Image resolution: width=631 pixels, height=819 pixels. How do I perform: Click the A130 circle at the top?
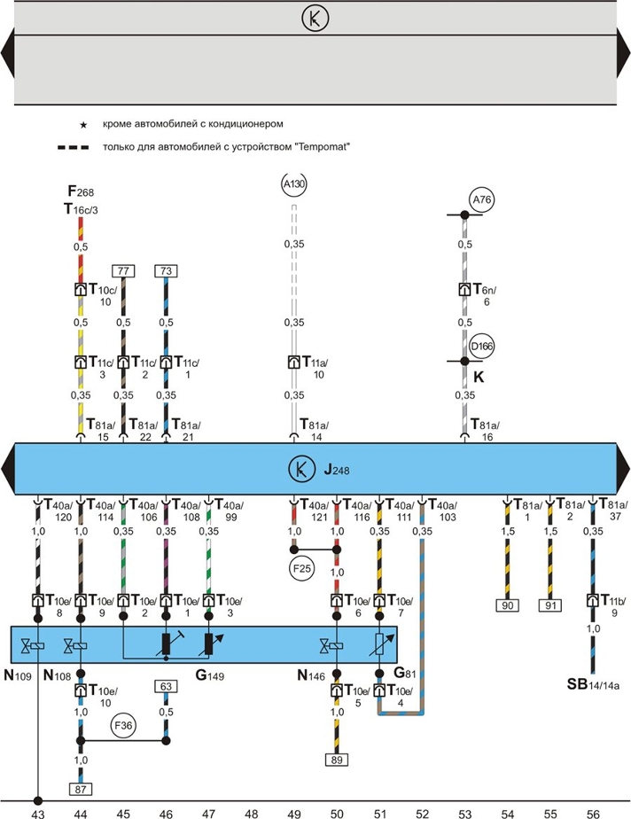[293, 183]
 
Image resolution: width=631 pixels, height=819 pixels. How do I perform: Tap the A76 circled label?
[481, 199]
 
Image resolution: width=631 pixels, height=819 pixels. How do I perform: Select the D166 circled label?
[481, 347]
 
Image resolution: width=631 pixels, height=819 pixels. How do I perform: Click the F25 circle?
[302, 568]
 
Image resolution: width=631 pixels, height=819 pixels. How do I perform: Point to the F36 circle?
[123, 726]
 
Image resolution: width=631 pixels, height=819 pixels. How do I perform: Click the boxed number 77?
[123, 271]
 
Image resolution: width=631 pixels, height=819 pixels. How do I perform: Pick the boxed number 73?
[166, 271]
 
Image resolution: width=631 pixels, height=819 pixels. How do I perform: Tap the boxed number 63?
[166, 686]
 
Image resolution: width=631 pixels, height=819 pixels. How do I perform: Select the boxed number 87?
[81, 789]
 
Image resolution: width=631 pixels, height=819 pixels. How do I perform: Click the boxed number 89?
[337, 760]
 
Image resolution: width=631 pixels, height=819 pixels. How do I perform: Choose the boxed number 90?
[508, 605]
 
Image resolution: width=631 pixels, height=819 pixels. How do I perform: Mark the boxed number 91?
[550, 605]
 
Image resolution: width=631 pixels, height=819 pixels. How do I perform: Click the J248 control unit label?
[337, 470]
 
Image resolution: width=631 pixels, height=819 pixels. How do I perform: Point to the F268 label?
[81, 191]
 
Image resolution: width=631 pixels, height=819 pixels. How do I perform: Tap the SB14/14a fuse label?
[593, 684]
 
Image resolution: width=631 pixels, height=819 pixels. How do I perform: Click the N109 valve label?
[18, 675]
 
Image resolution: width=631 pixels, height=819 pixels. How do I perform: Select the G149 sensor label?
[210, 675]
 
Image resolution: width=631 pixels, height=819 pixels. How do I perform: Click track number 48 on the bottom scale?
[252, 814]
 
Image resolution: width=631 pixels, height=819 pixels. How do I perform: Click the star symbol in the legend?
[83, 125]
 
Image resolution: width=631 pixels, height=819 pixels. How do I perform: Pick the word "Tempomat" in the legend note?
[322, 147]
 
